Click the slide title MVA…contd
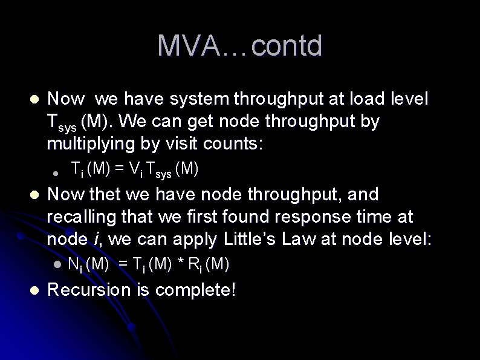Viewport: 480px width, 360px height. pos(240,46)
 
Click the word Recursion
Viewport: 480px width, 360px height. pos(91,290)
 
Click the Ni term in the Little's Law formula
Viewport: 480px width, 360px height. pos(74,264)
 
